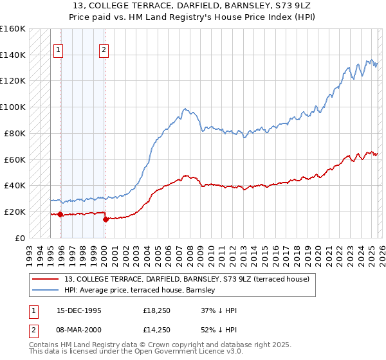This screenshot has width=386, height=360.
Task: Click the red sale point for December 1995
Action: pos(60,214)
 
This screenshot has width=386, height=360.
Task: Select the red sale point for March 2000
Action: pos(105,219)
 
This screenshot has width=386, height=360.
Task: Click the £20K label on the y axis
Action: pos(15,212)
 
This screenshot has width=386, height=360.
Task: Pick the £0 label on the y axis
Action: pos(21,238)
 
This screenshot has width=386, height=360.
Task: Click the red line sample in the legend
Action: pos(46,279)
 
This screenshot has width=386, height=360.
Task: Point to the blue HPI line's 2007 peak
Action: pos(185,109)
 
